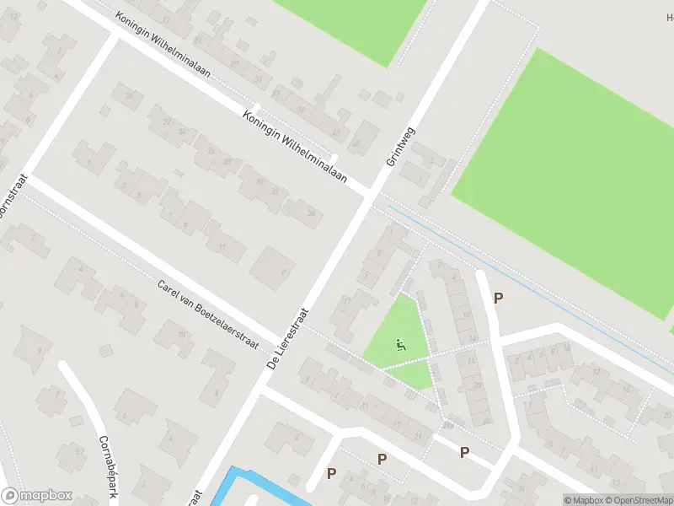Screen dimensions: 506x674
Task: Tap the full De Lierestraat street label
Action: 289,338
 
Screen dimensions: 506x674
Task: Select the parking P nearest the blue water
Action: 331,474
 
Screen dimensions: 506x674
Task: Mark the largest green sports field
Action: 573,186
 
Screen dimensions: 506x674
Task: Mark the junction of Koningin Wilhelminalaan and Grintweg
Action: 372,194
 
